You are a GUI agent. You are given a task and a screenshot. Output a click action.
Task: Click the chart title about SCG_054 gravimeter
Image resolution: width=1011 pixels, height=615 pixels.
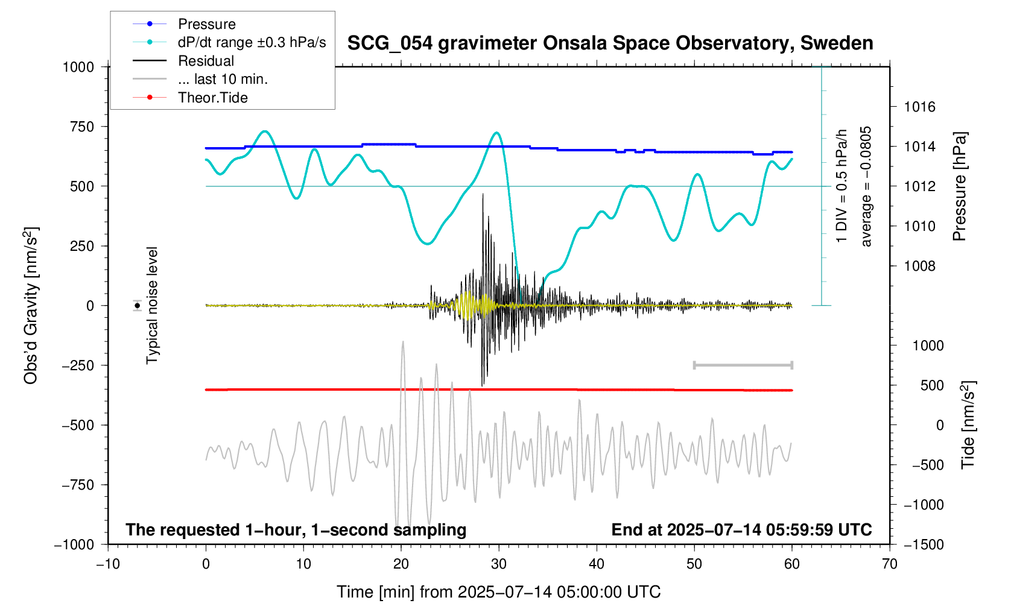[x=610, y=43]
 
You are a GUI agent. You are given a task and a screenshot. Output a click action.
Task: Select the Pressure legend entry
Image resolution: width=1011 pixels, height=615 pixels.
[x=206, y=24]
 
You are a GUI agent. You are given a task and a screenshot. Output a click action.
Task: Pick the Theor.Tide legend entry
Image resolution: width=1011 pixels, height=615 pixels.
[x=212, y=98]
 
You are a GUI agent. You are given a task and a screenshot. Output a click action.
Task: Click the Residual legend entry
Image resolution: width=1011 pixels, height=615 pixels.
[x=206, y=61]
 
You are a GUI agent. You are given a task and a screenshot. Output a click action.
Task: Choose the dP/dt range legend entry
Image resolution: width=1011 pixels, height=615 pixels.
[x=252, y=42]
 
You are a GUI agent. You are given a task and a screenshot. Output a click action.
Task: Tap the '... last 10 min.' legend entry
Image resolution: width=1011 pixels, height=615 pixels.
[x=223, y=79]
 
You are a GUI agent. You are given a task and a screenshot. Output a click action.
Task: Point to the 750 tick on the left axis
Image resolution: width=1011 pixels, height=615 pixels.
[x=82, y=127]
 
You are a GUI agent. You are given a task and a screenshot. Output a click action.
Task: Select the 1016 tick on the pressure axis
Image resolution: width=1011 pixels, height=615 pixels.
[x=919, y=107]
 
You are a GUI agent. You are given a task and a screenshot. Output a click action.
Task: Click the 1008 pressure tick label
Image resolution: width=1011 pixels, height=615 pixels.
[x=919, y=266]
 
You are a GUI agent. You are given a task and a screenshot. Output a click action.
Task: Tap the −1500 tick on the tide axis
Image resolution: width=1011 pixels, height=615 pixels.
[x=924, y=544]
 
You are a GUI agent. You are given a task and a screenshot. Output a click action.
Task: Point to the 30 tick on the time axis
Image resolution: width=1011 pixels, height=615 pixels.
[x=499, y=564]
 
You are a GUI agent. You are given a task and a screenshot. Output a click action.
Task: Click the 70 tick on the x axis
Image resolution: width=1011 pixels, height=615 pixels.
[x=889, y=564]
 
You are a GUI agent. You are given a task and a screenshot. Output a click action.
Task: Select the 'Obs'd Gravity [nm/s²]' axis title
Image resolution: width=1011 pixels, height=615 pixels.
[x=31, y=306]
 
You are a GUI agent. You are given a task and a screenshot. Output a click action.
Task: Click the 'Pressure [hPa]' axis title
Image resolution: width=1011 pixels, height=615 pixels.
[x=959, y=187]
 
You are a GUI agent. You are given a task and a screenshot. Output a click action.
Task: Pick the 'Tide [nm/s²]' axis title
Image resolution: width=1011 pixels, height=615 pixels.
[x=968, y=425]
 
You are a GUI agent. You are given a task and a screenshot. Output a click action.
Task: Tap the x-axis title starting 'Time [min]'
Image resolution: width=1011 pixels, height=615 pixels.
[x=498, y=592]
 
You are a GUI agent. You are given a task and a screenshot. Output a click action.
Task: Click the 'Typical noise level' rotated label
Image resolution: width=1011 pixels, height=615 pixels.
[x=152, y=306]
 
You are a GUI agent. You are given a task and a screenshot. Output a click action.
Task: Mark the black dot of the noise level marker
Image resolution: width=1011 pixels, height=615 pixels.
[x=138, y=306]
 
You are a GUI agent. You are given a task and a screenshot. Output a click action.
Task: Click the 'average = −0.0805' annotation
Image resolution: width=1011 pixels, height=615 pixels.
[x=866, y=187]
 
